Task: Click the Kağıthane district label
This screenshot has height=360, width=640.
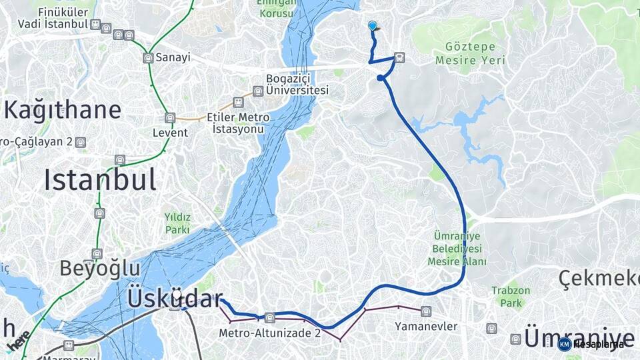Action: (63, 109)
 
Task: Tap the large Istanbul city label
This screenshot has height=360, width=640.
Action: (100, 179)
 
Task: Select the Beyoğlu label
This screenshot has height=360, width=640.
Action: (100, 268)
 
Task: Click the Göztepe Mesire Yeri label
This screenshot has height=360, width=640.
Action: (469, 53)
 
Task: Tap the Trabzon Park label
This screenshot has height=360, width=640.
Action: (511, 297)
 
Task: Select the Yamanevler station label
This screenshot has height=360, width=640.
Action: (426, 326)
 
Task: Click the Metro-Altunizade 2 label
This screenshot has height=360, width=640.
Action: (270, 332)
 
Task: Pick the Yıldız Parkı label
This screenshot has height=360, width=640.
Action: (178, 223)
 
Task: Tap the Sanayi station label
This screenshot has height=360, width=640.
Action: (173, 57)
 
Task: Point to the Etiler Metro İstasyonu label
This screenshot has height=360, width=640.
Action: (238, 122)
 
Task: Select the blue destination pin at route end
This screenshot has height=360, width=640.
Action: (373, 25)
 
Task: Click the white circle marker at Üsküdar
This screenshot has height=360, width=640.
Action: (177, 294)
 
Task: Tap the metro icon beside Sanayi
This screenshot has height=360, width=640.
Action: (148, 58)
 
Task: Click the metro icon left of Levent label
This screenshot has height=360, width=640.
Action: (170, 117)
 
